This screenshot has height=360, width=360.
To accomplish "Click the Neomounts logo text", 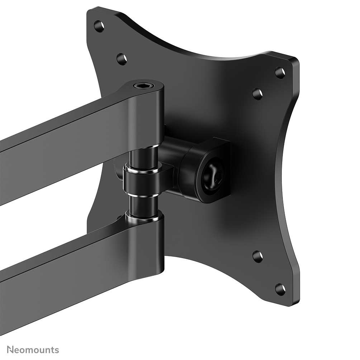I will [x=33, y=350].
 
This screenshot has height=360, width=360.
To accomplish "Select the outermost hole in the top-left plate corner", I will [x=99, y=25].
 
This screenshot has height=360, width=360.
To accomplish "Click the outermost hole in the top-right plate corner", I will [x=280, y=73].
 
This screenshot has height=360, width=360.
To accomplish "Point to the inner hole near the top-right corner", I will [x=257, y=94].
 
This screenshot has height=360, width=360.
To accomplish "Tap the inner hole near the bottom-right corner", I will [x=257, y=256].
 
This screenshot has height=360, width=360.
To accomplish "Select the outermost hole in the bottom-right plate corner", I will [x=280, y=289].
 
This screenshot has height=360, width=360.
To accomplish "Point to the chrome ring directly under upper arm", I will [x=144, y=147].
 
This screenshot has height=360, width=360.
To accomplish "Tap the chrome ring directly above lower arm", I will [x=143, y=216].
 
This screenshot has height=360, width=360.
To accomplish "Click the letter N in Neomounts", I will [x=10, y=350].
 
